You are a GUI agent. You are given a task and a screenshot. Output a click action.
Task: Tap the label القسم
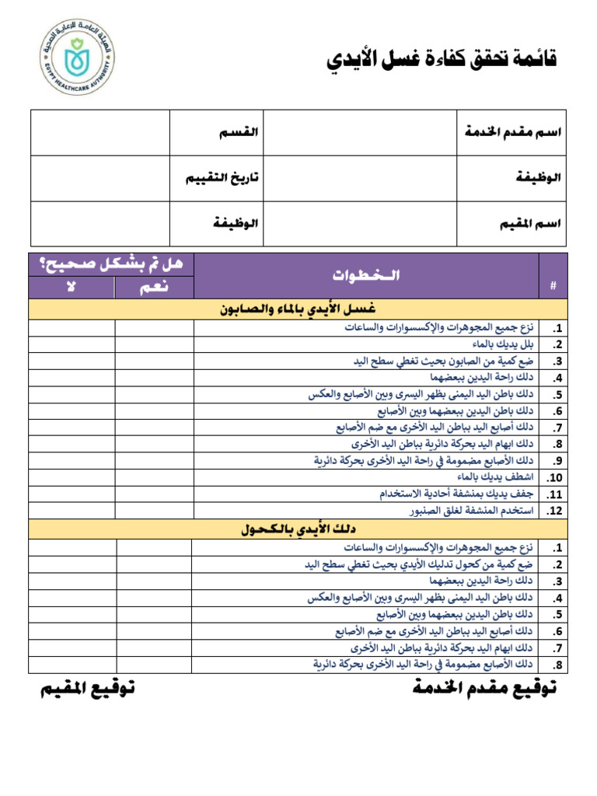[x=238, y=132]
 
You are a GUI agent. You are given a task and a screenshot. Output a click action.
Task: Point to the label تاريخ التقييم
[x=222, y=178]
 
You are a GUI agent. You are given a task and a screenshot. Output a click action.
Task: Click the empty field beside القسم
[x=100, y=132]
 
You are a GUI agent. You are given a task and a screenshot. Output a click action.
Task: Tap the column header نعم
[x=155, y=288]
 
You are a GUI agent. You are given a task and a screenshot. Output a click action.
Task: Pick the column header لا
[x=72, y=288]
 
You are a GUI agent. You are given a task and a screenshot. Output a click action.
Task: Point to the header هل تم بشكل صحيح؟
[x=111, y=264]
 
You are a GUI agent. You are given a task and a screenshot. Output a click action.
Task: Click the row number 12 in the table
[x=553, y=511]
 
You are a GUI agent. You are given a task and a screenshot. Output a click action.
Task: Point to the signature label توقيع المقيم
[x=88, y=689]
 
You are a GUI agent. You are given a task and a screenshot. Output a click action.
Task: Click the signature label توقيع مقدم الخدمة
[x=485, y=689]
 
